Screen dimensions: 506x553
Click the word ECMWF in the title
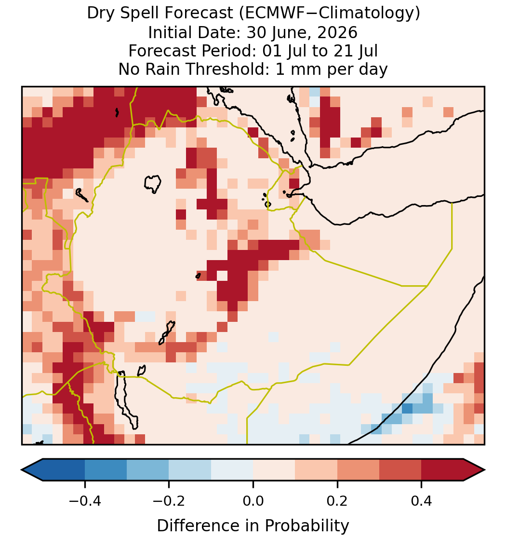pos(270,14)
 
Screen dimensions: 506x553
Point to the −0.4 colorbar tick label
pos(84,501)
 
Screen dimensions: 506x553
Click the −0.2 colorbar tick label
pos(169,501)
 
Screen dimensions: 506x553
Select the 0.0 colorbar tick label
pos(253,501)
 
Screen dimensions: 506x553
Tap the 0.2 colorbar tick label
pos(337,501)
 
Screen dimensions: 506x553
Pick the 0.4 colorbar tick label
pos(422,501)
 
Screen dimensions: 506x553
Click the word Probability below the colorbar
pos(306,526)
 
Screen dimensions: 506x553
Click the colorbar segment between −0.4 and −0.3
pos(106,470)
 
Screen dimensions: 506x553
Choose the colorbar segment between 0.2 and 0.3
pos(359,470)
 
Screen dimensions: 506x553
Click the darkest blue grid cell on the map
pos(407,409)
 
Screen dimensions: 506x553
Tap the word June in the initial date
pos(287,32)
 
